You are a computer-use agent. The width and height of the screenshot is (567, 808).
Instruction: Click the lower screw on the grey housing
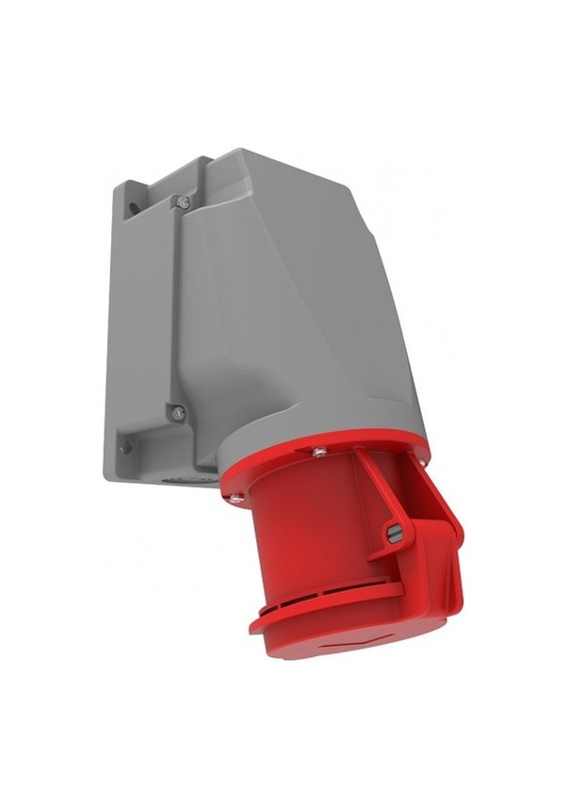pyautogui.click(x=176, y=411)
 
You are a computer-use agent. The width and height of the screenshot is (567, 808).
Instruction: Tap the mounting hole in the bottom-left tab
pyautogui.click(x=123, y=447)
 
